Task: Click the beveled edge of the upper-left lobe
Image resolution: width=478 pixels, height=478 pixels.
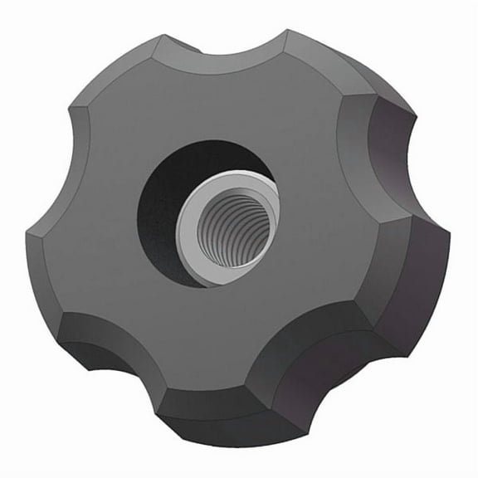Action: click(124, 66)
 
